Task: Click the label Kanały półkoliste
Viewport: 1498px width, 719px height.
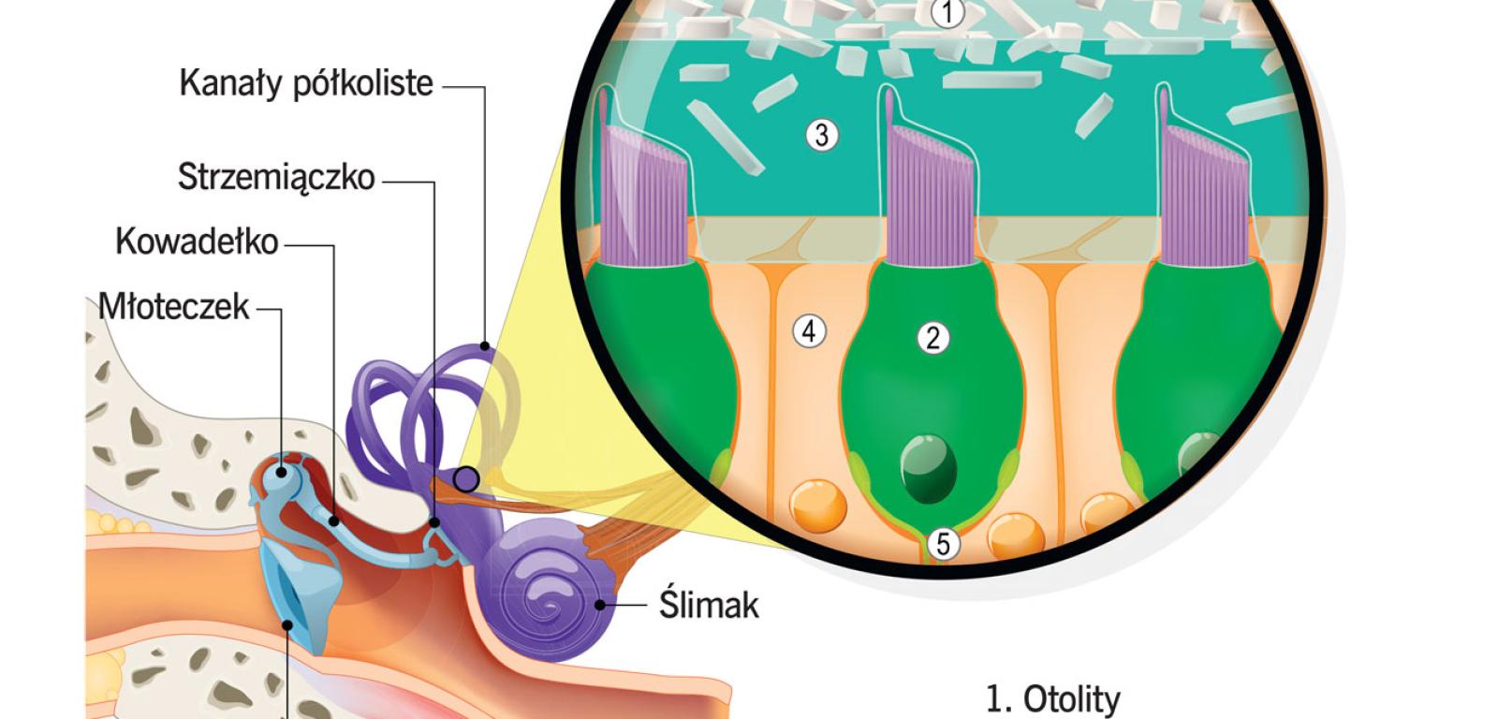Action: click(306, 84)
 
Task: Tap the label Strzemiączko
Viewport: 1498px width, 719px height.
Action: click(276, 177)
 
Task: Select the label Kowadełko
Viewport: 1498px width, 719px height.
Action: click(197, 242)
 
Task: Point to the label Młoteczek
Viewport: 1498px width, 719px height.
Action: click(174, 306)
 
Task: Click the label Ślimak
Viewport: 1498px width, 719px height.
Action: click(709, 605)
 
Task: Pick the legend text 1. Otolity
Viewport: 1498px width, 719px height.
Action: click(1052, 699)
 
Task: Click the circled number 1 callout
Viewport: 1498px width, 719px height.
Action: click(948, 13)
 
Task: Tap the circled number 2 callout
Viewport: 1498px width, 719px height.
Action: click(933, 338)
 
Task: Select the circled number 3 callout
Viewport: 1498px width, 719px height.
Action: click(821, 135)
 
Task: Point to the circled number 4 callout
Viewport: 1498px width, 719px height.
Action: click(809, 330)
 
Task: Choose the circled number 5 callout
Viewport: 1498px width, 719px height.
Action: click(943, 543)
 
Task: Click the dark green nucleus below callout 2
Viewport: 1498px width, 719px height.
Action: click(928, 462)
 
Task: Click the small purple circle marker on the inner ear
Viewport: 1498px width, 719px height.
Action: click(465, 480)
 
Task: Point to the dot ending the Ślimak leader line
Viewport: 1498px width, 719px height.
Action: click(600, 605)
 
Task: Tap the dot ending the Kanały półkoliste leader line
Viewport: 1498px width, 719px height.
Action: click(485, 346)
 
